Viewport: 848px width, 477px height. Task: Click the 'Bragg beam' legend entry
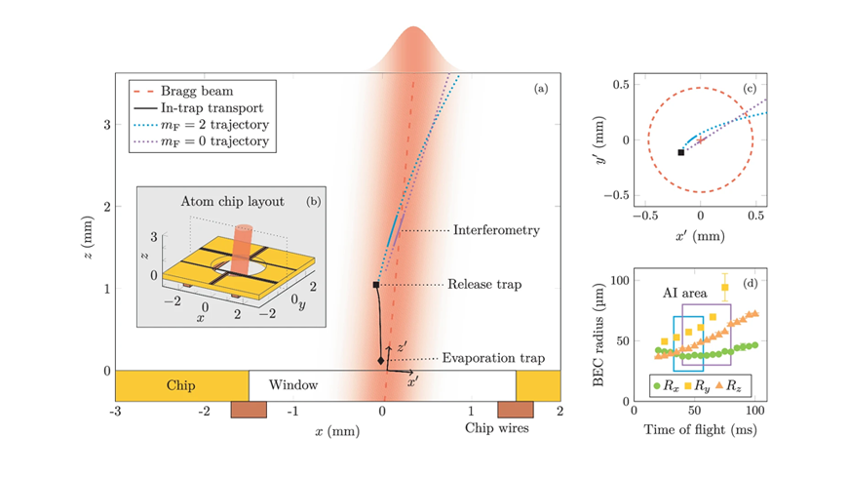pyautogui.click(x=183, y=91)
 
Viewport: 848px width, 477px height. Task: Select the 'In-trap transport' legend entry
pyautogui.click(x=199, y=107)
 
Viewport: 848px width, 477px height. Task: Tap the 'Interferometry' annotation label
pyautogui.click(x=496, y=230)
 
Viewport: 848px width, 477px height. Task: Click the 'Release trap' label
pyautogui.click(x=484, y=284)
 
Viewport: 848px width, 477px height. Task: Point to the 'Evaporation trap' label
pyautogui.click(x=493, y=358)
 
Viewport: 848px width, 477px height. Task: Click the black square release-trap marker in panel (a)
pyautogui.click(x=376, y=285)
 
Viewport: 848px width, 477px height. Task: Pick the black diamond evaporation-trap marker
pyautogui.click(x=381, y=361)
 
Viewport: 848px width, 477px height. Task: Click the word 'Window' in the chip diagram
pyautogui.click(x=293, y=385)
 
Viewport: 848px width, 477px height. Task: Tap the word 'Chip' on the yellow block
pyautogui.click(x=180, y=385)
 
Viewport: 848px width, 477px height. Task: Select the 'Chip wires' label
pyautogui.click(x=496, y=427)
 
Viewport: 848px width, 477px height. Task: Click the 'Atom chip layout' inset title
pyautogui.click(x=232, y=201)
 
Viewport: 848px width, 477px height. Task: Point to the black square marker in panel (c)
pyautogui.click(x=681, y=153)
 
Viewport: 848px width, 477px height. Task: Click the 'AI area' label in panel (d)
pyautogui.click(x=684, y=294)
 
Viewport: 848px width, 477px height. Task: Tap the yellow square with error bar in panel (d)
pyautogui.click(x=724, y=288)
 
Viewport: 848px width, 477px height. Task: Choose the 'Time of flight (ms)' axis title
pyautogui.click(x=700, y=430)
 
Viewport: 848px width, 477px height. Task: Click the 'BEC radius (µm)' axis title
pyautogui.click(x=597, y=336)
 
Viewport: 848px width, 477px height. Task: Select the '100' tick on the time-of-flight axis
pyautogui.click(x=755, y=411)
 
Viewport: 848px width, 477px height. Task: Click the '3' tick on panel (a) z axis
pyautogui.click(x=107, y=125)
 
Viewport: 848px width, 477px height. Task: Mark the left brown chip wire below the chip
pyautogui.click(x=249, y=410)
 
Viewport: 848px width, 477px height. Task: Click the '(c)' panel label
pyautogui.click(x=750, y=89)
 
